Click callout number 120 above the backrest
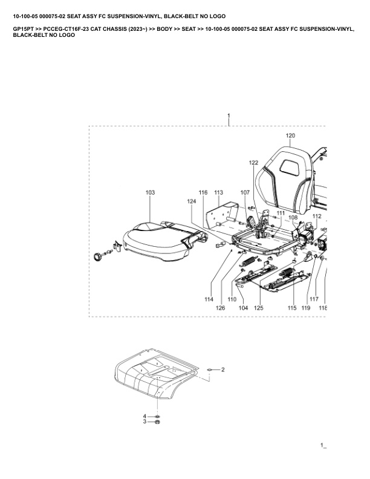pos(290,135)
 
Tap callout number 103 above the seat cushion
pos(150,192)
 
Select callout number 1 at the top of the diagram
pos(229,115)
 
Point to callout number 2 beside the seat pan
pos(222,369)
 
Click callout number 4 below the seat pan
pos(144,416)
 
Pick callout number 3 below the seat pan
pos(144,422)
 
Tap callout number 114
pos(209,300)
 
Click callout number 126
pos(221,308)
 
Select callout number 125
pos(259,308)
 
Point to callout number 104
pos(243,308)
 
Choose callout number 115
pos(292,308)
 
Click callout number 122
pos(253,163)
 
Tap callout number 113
pos(218,192)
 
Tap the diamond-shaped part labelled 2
pos(209,369)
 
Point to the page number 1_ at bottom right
pos(323,446)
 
